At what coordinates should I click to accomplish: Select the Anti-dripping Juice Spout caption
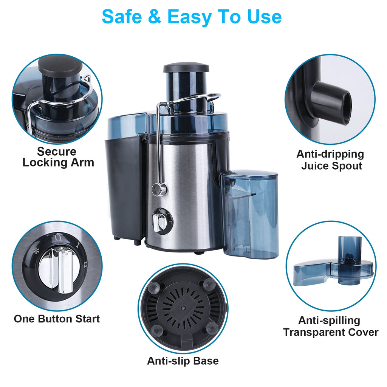[330, 160]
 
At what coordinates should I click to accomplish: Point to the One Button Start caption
[57, 319]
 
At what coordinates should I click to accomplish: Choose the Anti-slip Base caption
[183, 361]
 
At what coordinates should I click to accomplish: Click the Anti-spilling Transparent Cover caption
[330, 327]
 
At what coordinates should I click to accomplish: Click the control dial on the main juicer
[162, 221]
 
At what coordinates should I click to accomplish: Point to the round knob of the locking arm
[159, 189]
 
